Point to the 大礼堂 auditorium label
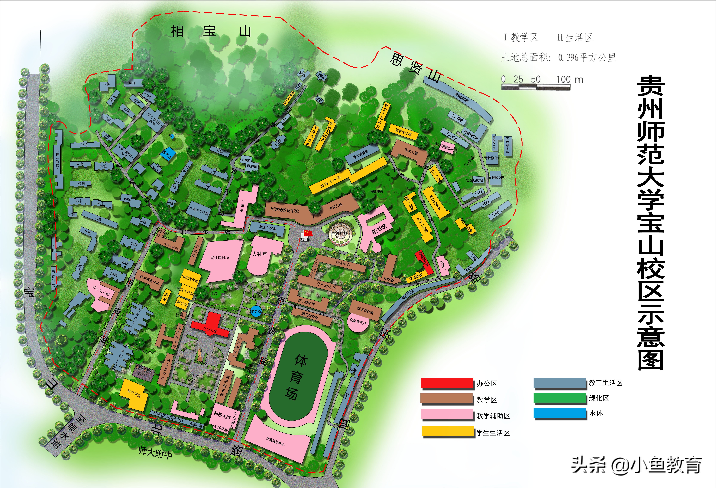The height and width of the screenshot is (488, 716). pos(260,254)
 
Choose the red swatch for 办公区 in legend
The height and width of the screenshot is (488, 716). pos(447,383)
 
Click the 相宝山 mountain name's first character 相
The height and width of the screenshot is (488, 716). pos(178,32)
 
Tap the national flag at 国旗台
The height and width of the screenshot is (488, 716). pos(307,233)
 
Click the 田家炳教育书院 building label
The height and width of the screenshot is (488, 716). pos(285,211)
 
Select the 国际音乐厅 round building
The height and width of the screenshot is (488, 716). pos(358,322)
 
